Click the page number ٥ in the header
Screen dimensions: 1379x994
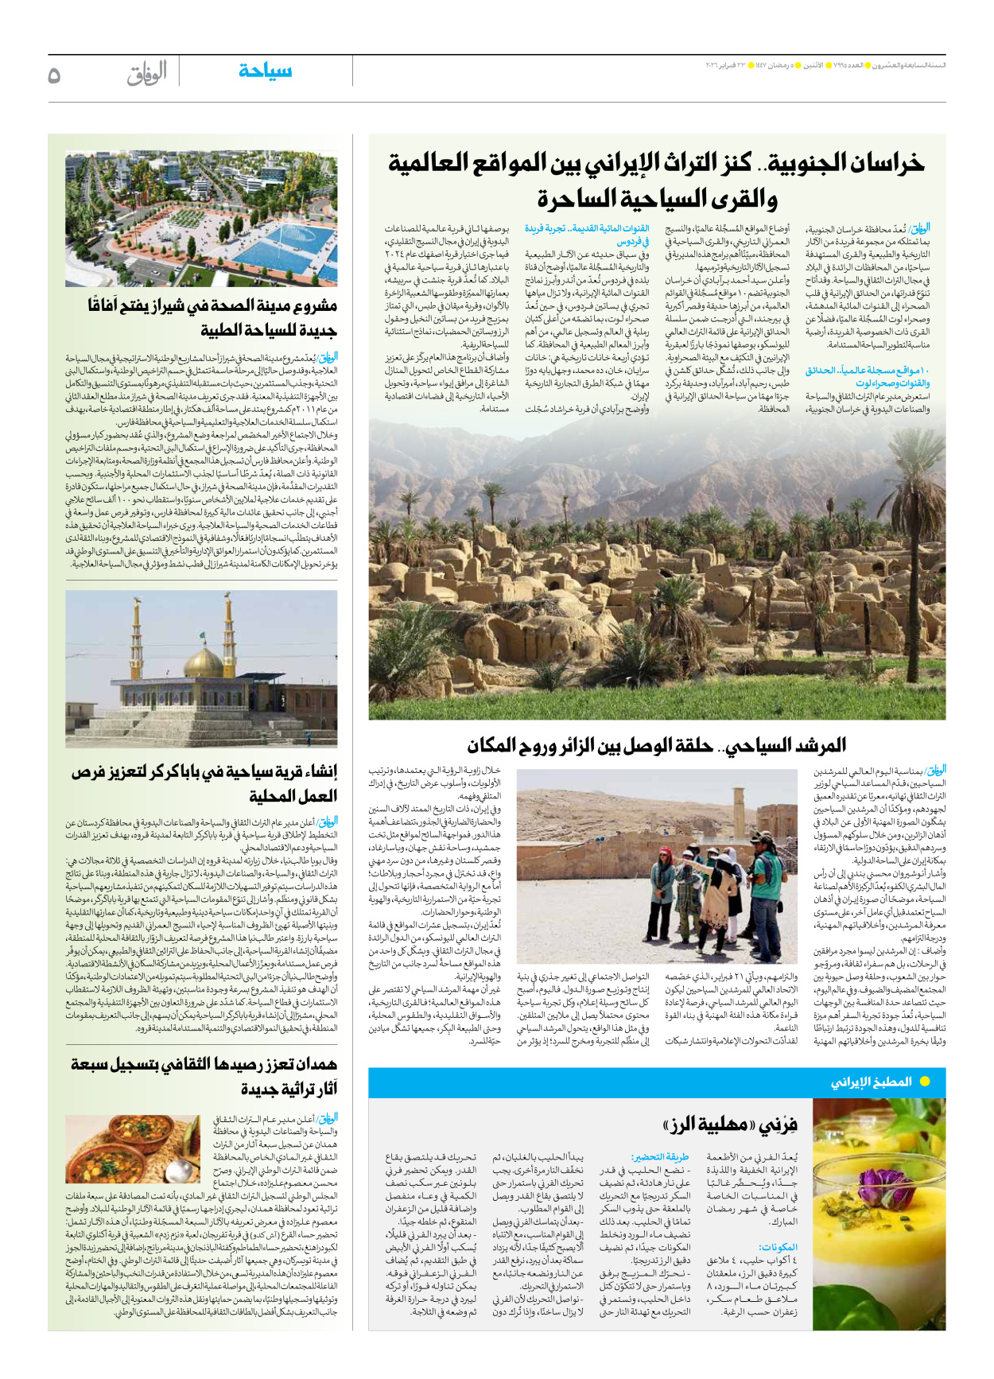click(x=54, y=75)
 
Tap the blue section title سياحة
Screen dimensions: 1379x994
click(x=265, y=71)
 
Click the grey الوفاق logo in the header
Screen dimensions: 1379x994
click(x=147, y=73)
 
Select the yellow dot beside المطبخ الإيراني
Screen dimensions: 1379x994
click(x=925, y=1082)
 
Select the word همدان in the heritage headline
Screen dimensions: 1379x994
click(x=312, y=1065)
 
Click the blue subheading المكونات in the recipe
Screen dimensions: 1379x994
click(x=778, y=1247)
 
